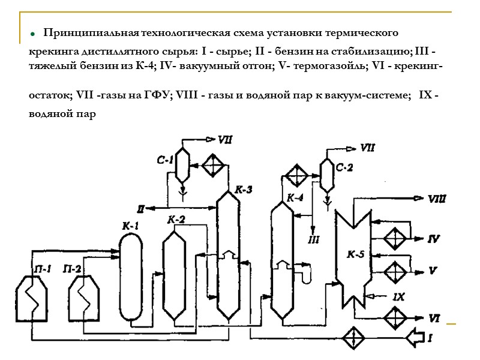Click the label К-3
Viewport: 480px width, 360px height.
point(243,190)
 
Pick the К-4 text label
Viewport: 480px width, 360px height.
point(295,197)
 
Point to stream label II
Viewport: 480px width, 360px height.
point(140,209)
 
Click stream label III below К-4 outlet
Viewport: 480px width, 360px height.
point(313,240)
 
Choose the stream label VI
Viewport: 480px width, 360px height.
point(434,317)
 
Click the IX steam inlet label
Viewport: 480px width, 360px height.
point(399,296)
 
